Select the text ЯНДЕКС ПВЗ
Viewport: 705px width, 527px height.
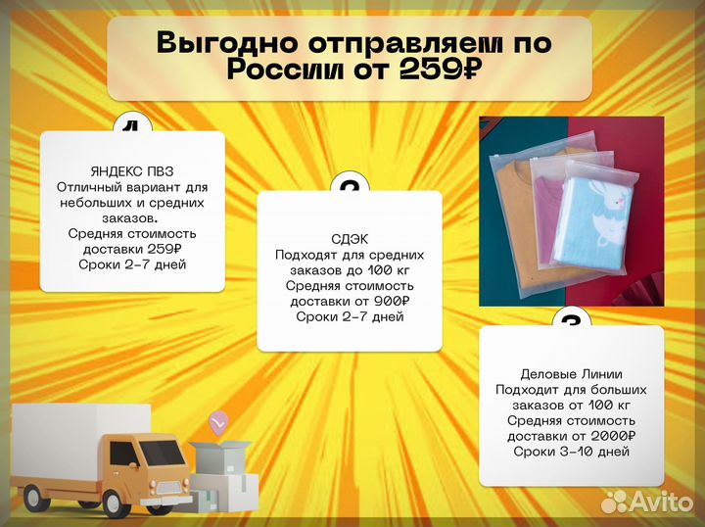(x=132, y=169)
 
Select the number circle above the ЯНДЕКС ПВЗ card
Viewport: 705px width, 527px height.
(x=132, y=124)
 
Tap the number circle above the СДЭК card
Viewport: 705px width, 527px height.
(x=350, y=186)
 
